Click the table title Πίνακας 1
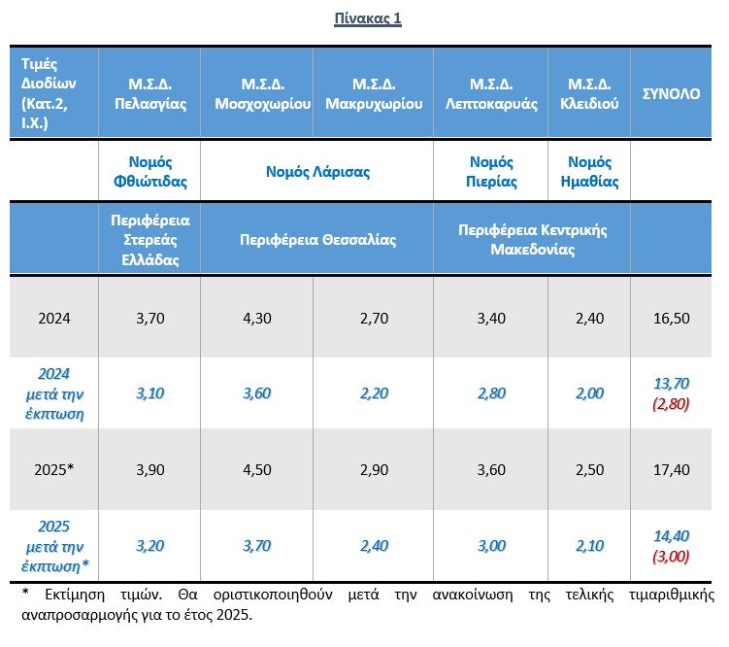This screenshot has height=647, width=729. click(367, 18)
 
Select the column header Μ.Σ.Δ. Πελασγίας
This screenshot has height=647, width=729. click(150, 93)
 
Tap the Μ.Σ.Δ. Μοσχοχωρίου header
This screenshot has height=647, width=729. click(263, 93)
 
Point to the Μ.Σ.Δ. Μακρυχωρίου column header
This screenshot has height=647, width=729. click(374, 93)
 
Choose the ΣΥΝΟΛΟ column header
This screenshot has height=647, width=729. click(671, 94)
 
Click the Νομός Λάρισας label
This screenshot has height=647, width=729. click(317, 172)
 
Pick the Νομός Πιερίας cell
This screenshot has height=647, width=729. click(491, 172)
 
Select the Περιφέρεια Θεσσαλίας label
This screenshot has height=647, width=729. click(318, 240)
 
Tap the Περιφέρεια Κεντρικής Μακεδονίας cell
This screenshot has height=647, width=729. click(533, 240)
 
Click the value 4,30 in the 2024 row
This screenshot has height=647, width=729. click(256, 318)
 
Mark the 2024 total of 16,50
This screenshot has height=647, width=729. click(672, 318)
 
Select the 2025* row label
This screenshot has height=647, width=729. click(54, 469)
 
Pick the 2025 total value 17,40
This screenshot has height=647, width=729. click(672, 470)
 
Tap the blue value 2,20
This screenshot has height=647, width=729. click(374, 393)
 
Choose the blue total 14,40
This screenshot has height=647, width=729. click(672, 536)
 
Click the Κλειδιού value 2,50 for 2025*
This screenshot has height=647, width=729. click(589, 470)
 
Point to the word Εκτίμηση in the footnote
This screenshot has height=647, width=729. click(75, 595)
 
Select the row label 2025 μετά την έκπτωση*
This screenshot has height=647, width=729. click(54, 546)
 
